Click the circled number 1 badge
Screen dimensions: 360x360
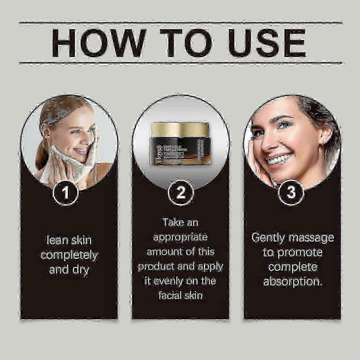(65, 193)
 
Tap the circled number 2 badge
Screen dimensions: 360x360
(181, 193)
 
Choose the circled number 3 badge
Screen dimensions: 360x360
(291, 193)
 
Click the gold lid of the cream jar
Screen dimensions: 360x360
(180, 129)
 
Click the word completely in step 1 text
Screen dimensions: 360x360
(69, 255)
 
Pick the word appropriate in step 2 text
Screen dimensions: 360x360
(180, 237)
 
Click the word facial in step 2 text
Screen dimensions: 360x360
(169, 295)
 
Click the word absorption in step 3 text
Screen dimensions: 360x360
(292, 282)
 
